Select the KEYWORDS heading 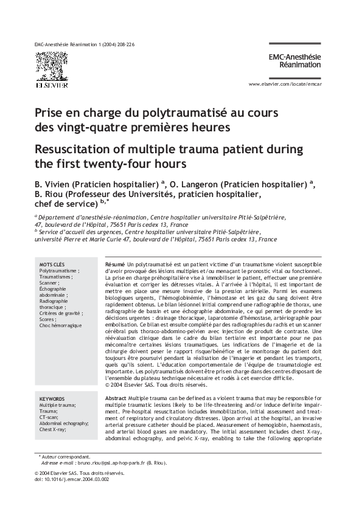point(53,398)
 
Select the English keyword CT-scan point(49,417)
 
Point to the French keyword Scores point(48,319)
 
